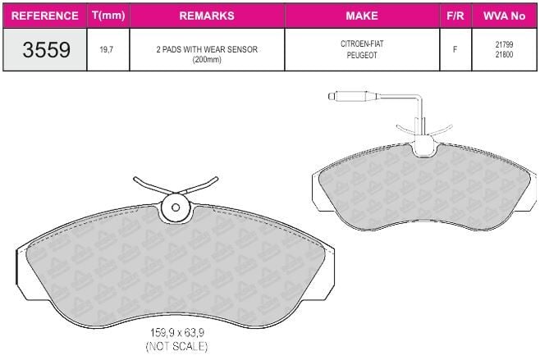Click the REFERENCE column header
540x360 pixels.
coord(45,16)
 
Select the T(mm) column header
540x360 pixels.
coord(108,16)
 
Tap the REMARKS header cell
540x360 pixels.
coord(207,16)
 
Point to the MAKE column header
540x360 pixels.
coord(362,16)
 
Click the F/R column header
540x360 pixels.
coord(455,16)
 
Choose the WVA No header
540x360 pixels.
coord(504,16)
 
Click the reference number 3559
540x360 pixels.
coord(47,49)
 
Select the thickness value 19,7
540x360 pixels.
coord(107,49)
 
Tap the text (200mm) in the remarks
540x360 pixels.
coord(207,59)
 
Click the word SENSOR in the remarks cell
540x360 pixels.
coord(242,49)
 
